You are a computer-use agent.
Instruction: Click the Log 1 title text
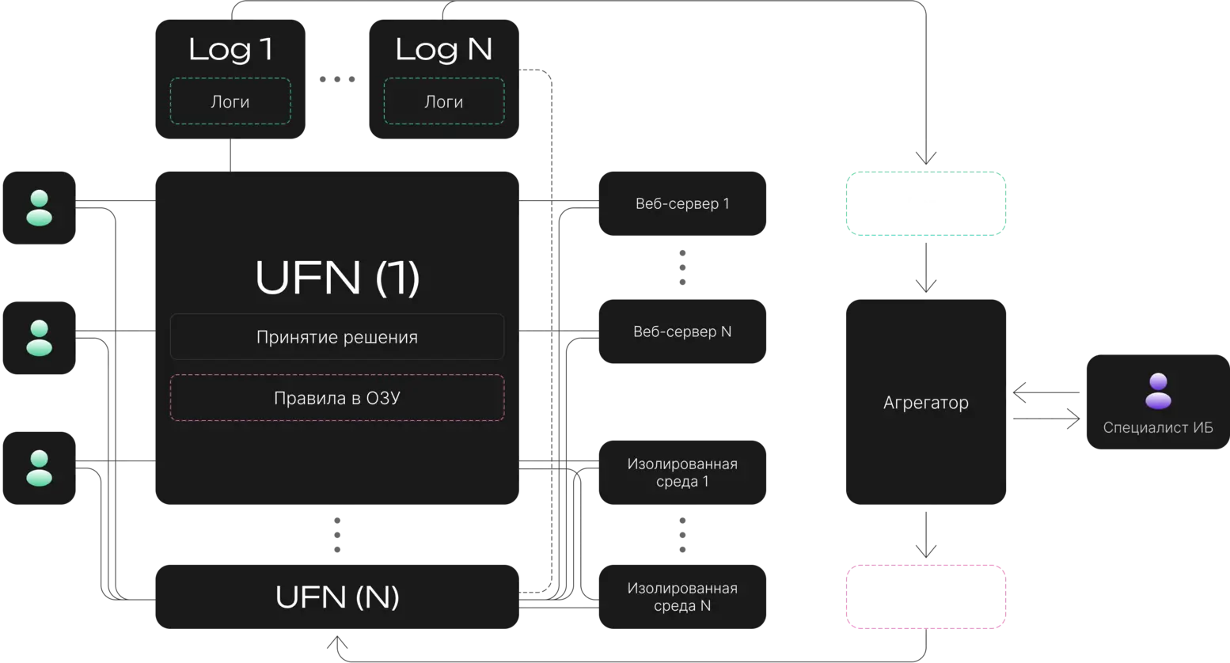[230, 50]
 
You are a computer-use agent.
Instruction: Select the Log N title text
[444, 50]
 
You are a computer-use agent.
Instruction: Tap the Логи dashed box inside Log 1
[230, 101]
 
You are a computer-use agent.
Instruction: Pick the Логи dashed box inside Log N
[444, 101]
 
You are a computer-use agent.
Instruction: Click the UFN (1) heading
[337, 278]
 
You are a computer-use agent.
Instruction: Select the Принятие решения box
[337, 336]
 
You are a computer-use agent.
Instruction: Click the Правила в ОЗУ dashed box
[337, 398]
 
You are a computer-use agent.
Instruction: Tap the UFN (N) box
[337, 597]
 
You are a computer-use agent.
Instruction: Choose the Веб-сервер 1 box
[682, 203]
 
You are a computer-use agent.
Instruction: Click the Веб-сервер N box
[682, 331]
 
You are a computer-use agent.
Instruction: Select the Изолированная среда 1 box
[682, 472]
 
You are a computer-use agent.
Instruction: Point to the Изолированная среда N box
[682, 597]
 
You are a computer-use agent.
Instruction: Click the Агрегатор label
[926, 403]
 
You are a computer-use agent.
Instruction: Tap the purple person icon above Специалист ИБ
[1158, 391]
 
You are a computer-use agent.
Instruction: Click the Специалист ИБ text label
[1158, 427]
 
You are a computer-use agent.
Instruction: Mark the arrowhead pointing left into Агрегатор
[1019, 392]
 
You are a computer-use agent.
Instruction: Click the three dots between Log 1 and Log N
[337, 79]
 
